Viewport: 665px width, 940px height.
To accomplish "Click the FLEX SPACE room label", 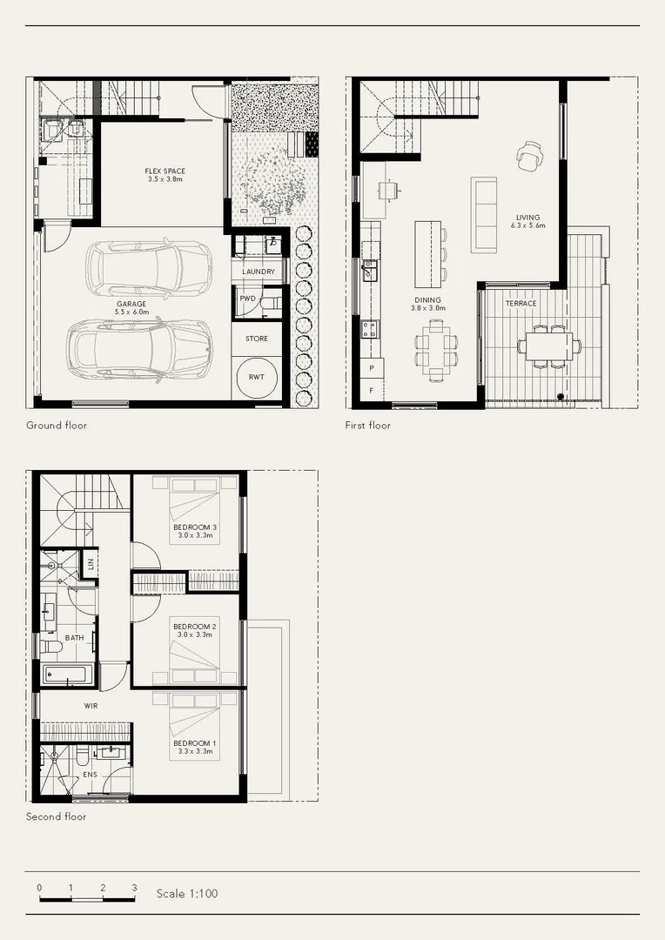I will pos(165,171).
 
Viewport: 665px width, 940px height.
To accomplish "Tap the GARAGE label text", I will pos(131,304).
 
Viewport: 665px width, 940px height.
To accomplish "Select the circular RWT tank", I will pos(257,378).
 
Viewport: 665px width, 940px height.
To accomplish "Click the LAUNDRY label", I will pos(259,272).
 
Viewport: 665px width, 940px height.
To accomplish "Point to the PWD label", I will pos(248,299).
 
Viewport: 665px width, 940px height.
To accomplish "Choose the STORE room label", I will pos(257,339).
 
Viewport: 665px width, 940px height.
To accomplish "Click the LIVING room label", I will pos(527,218).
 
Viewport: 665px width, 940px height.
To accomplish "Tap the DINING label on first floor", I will pos(427,300).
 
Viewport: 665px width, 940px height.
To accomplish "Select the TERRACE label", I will pos(521,304).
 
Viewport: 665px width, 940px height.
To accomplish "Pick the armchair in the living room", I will pos(528,157).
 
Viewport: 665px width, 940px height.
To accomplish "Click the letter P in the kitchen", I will pos(373,369).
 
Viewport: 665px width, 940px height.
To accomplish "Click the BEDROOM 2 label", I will pos(194,627).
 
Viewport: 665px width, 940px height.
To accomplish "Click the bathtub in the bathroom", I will pos(68,675).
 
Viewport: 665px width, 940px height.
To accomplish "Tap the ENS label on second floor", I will pos(90,774).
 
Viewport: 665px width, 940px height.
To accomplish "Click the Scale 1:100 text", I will pos(186,893).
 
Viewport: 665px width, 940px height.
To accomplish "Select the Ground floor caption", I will pos(57,426).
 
